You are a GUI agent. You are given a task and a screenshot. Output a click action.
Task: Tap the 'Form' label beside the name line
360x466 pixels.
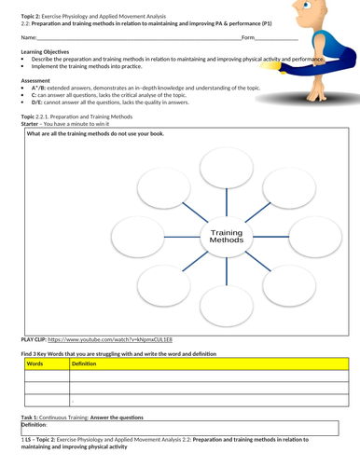[x=248, y=37]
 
